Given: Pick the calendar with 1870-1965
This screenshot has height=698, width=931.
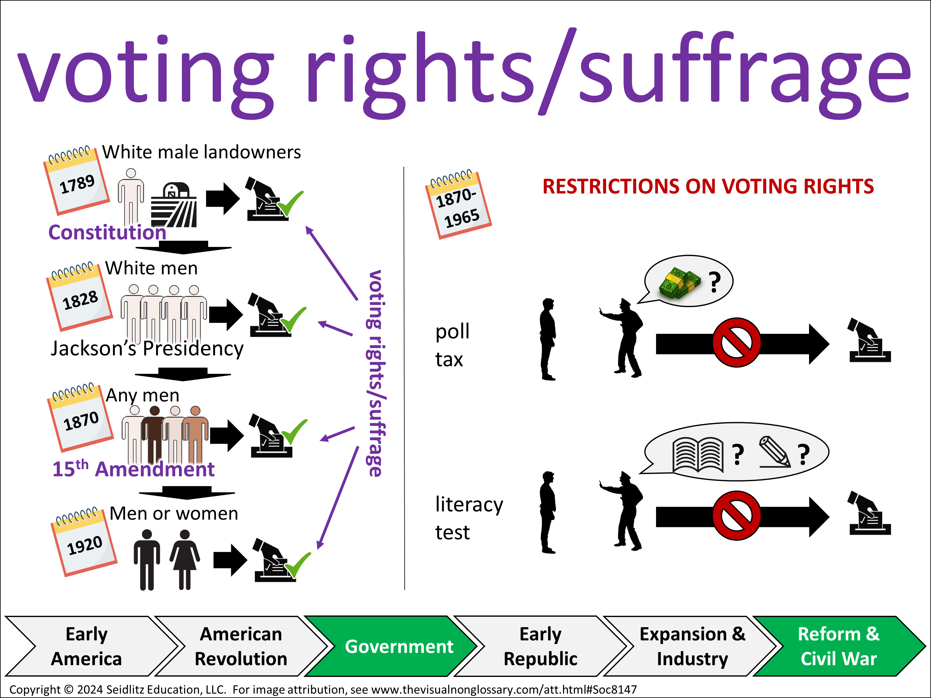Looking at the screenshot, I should point(458,205).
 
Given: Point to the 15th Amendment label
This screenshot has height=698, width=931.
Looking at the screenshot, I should point(133,469).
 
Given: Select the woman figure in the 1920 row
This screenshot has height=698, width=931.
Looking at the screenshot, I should point(185,560).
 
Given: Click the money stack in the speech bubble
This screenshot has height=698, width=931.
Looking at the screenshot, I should point(679,283).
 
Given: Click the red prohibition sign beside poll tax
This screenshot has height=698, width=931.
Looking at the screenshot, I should point(736,342).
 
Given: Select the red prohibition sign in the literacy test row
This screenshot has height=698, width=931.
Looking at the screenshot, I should point(736,515).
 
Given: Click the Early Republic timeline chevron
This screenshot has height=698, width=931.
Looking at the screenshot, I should point(540,646).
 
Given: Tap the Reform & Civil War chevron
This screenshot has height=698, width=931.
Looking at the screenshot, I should point(839,646).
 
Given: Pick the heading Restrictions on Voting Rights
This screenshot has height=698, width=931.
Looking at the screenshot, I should point(708,186).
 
